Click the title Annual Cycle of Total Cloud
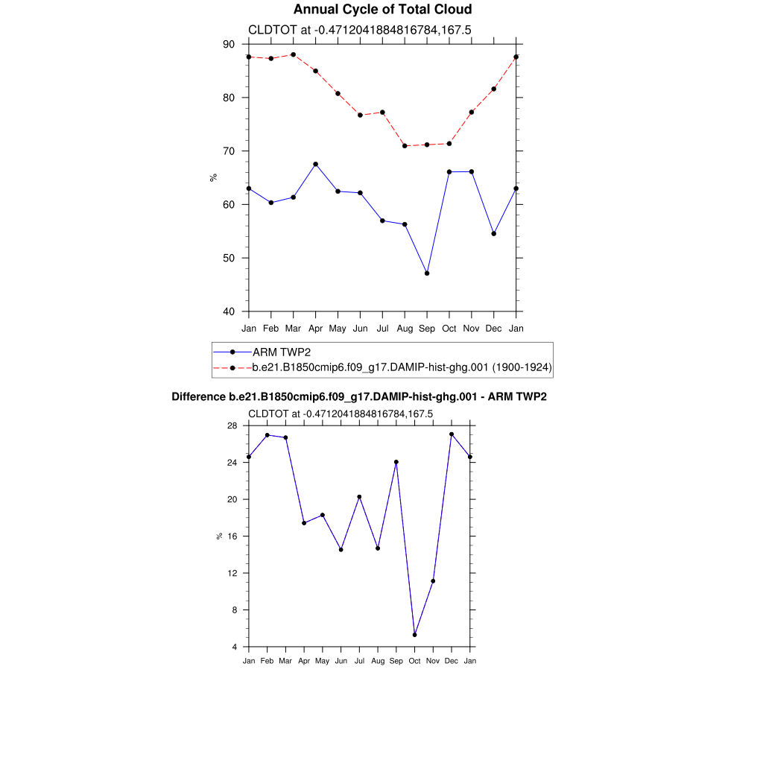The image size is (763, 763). coord(382,10)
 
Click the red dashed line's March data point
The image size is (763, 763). coord(293,54)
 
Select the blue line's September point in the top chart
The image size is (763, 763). coord(427,273)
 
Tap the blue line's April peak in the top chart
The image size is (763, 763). coord(315,164)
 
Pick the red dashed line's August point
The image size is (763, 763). coord(405,146)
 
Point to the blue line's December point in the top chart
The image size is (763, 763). coord(494,234)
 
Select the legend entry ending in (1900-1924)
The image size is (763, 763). coord(402,367)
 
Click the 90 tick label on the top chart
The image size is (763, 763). coord(228,45)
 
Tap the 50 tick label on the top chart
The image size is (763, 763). coord(228,258)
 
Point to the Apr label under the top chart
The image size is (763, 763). coord(315,329)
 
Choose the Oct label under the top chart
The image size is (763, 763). coord(449,329)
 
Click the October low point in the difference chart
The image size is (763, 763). coord(414,635)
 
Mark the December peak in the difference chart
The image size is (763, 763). coord(452,434)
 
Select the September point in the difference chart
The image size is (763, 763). coord(396,462)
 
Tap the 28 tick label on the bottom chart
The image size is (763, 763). coord(232,425)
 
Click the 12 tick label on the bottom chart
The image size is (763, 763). coord(232,573)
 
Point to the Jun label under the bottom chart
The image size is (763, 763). coord(341,661)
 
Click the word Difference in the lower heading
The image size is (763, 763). coord(199,397)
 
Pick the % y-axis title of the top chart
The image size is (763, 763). coord(213,177)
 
